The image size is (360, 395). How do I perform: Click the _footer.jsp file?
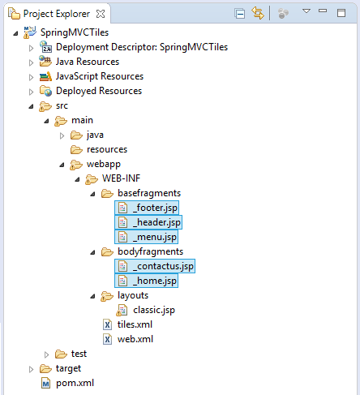[147, 208]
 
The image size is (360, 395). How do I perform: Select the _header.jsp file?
[148, 222]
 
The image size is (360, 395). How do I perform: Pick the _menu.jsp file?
[146, 237]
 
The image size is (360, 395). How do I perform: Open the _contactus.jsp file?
[155, 266]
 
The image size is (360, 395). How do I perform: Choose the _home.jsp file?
[146, 281]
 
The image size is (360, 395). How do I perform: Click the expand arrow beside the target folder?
[32, 369]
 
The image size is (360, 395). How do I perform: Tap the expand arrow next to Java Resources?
[32, 62]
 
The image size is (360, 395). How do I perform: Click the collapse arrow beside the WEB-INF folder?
[78, 179]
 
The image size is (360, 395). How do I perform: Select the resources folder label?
[107, 149]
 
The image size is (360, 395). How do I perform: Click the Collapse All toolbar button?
[240, 14]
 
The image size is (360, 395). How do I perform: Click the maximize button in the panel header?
[341, 13]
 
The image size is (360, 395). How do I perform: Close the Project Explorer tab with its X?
[101, 14]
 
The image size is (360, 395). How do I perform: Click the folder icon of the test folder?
[61, 354]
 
